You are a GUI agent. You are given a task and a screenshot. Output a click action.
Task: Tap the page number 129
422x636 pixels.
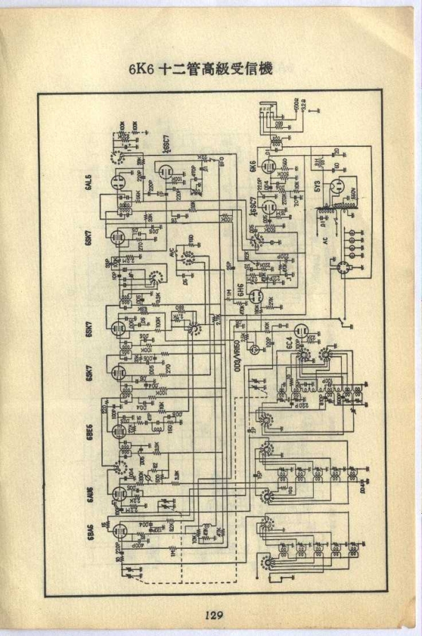[214, 616]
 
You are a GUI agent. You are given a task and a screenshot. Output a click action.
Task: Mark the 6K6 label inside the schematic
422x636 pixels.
[252, 167]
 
